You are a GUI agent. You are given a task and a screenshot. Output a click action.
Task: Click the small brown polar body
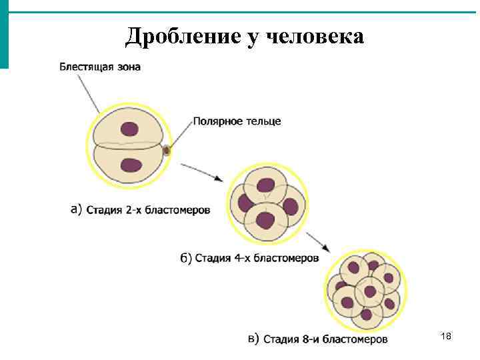tap(167, 151)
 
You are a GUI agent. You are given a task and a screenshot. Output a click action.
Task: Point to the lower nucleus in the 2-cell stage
tap(131, 165)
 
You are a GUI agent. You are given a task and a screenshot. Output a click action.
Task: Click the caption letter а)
tap(76, 209)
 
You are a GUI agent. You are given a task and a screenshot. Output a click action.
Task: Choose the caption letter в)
tap(254, 339)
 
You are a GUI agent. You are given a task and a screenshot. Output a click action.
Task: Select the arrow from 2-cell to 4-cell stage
tap(202, 171)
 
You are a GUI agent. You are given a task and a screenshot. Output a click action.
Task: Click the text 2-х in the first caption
tap(133, 210)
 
